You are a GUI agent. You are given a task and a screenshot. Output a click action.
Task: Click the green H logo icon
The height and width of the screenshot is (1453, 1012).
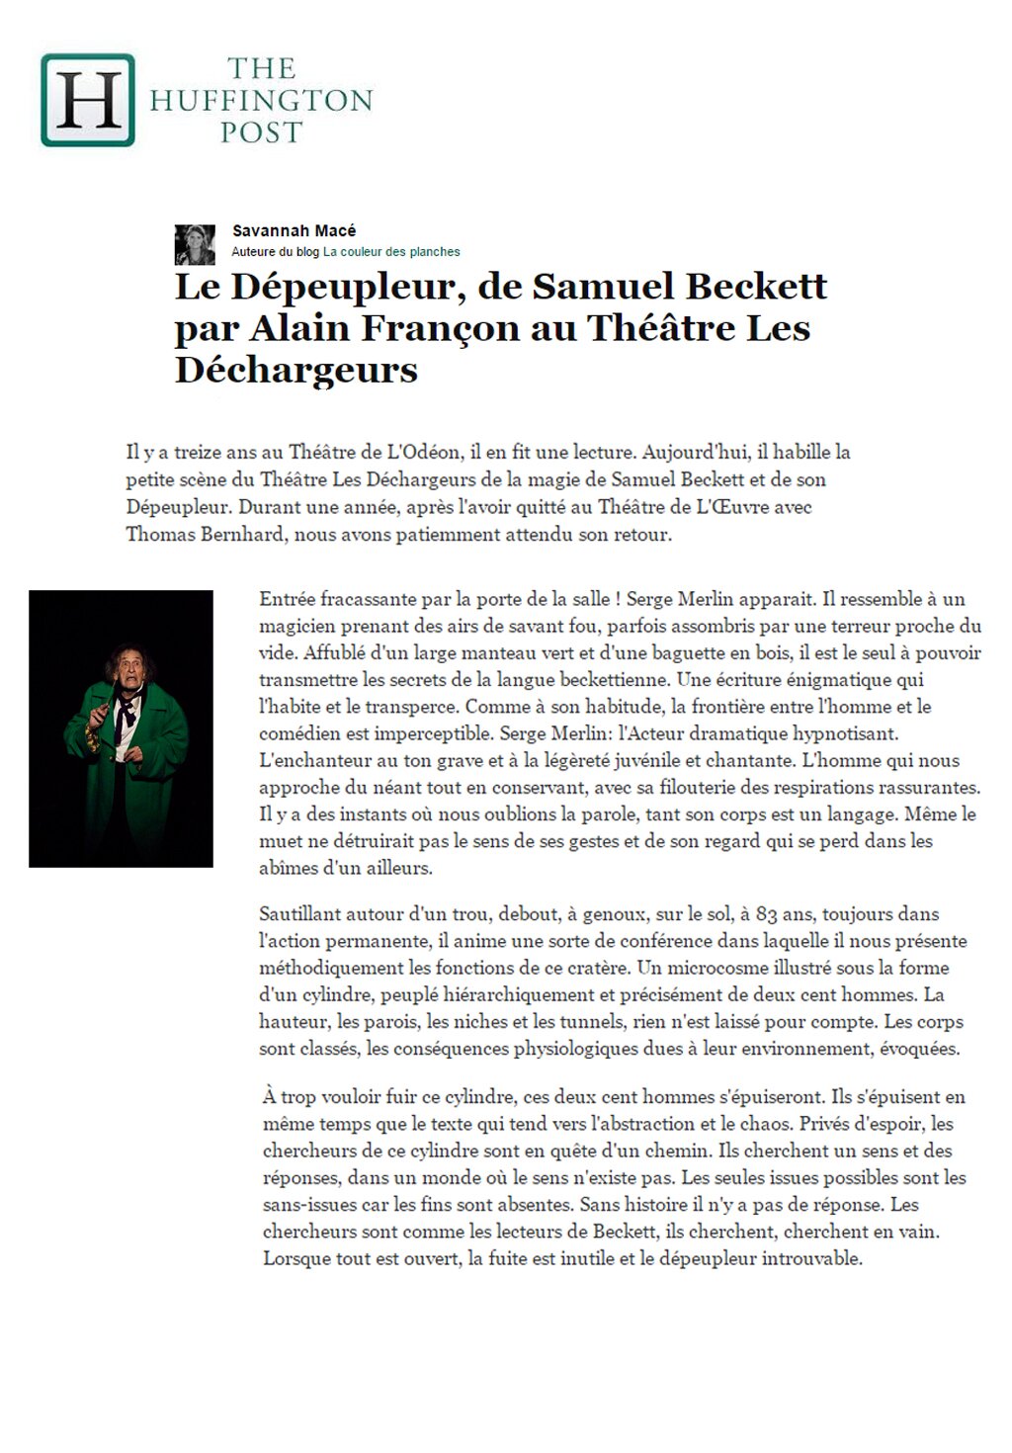[x=87, y=100]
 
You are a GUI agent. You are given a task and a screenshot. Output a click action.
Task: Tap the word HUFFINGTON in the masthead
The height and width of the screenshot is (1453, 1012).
[x=261, y=100]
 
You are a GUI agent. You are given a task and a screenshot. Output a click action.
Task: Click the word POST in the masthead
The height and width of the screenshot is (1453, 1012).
[x=261, y=131]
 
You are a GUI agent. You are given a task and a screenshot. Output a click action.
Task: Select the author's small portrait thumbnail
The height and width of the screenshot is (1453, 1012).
[x=195, y=244]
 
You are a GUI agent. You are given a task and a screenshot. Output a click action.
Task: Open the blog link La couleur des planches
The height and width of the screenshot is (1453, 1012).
[x=391, y=252]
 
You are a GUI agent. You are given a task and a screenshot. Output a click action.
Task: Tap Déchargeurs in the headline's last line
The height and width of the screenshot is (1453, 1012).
[x=296, y=370]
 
